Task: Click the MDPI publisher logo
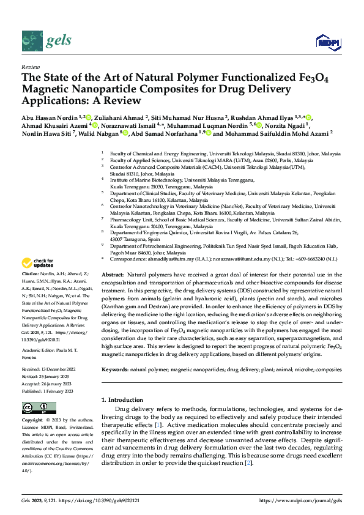[327, 41]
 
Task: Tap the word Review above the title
[30, 67]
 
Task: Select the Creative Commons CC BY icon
[36, 407]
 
